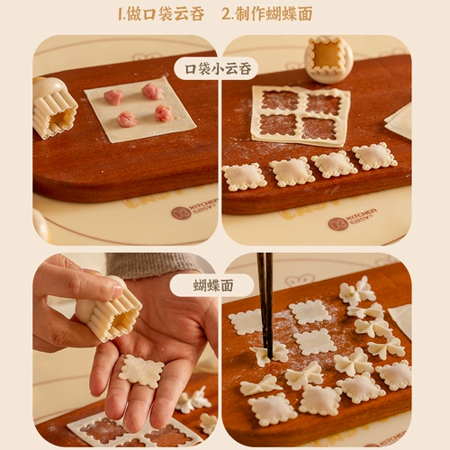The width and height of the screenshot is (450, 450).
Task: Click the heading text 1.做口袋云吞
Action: coord(161,14)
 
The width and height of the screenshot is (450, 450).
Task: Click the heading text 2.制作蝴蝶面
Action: coord(267,14)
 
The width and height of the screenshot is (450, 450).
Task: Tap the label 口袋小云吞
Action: coord(218,69)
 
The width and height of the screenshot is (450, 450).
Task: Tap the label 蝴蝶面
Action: coord(213,285)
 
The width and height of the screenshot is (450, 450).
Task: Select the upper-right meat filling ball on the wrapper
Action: coord(153,91)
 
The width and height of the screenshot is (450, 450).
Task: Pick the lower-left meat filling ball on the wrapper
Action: coord(127,119)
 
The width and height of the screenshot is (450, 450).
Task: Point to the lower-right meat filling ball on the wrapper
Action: coord(164,113)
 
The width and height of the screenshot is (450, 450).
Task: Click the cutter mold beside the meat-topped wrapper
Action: coord(55,109)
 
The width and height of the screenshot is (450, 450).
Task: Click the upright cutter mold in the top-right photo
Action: coord(328,59)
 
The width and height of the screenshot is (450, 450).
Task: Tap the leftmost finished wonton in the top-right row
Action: coord(245,177)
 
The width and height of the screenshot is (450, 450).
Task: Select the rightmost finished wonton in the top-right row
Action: coord(374,157)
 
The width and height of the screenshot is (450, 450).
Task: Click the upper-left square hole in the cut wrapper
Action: coord(280,100)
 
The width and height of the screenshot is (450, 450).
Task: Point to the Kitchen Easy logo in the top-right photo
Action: coord(352,220)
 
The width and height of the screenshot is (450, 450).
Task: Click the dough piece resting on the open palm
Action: coord(141,371)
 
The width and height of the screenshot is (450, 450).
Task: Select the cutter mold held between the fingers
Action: coord(111,310)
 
